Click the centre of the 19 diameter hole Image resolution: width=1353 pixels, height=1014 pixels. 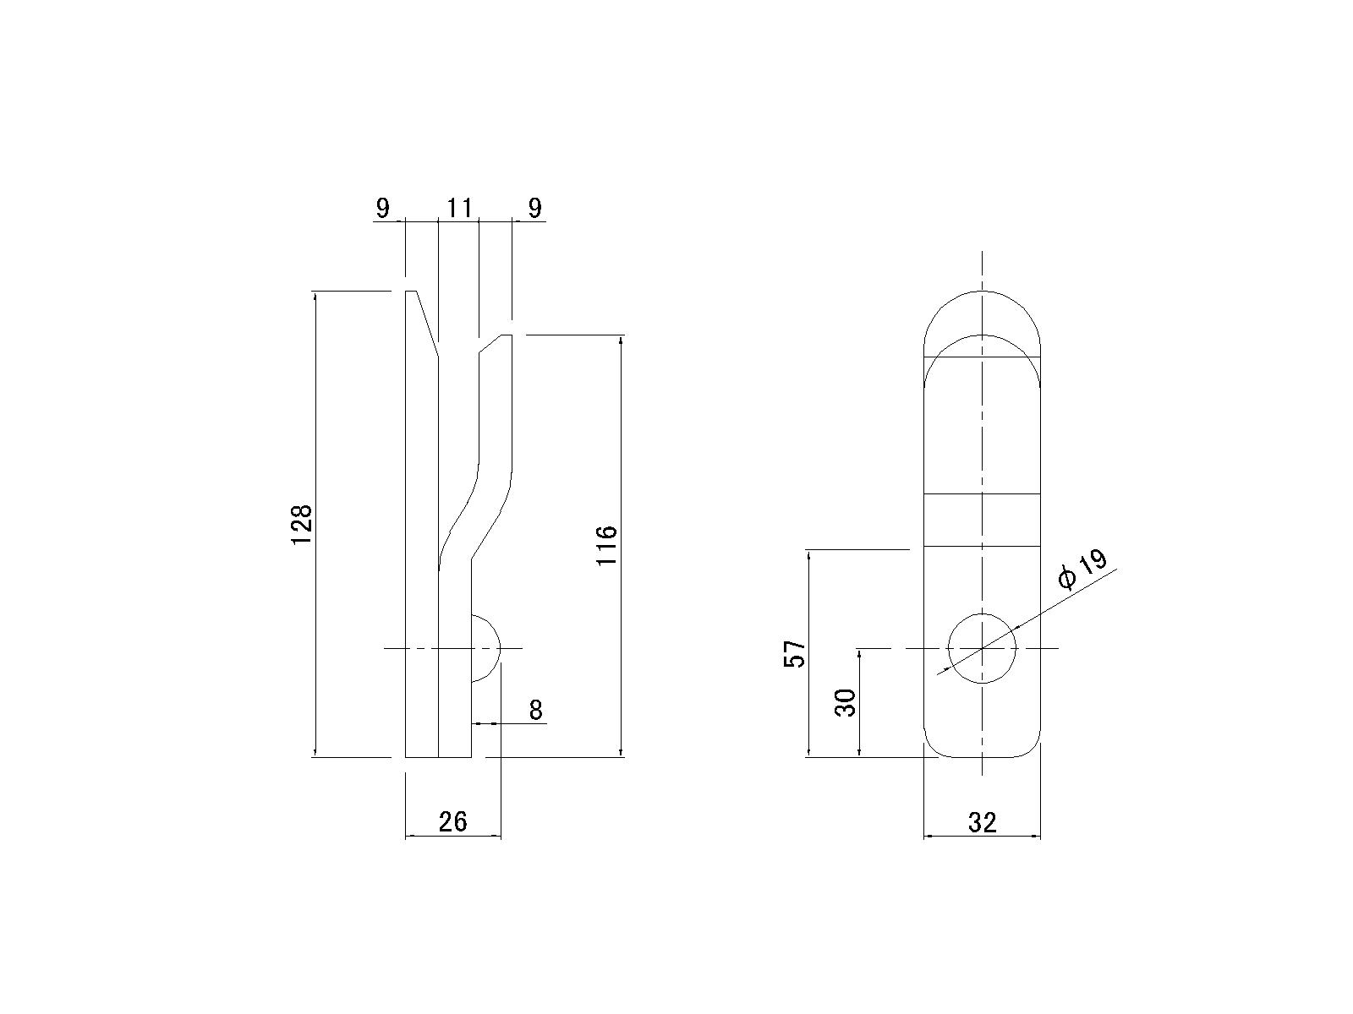point(981,648)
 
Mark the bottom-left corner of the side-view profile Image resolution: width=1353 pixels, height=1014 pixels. point(406,756)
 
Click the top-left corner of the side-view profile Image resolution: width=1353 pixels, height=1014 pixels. point(406,292)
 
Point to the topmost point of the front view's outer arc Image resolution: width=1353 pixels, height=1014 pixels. point(981,291)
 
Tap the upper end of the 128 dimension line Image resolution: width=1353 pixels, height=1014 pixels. point(315,293)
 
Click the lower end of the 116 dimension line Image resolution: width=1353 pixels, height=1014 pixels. point(621,755)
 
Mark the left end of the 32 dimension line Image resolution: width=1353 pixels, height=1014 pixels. point(924,836)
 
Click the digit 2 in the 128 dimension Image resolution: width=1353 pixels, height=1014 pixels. point(301,525)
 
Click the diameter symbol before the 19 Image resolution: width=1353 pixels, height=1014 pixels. point(1067,578)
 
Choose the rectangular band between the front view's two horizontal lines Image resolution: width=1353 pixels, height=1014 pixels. point(981,521)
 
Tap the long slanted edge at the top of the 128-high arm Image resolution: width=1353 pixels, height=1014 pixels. point(427,324)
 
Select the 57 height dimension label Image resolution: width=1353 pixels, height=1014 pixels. point(795,653)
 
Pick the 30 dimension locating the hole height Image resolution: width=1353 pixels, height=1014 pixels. point(845,702)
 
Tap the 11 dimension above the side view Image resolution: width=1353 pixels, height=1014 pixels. point(459,208)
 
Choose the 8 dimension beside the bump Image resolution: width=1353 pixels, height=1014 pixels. point(535,710)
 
